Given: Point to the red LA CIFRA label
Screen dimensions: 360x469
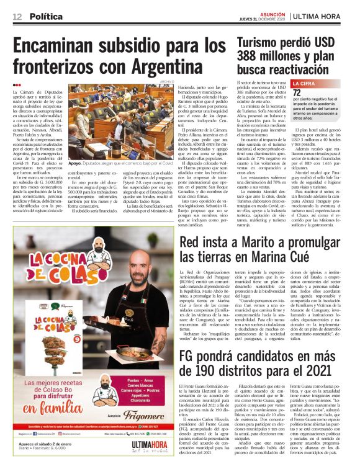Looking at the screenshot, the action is (305, 83).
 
